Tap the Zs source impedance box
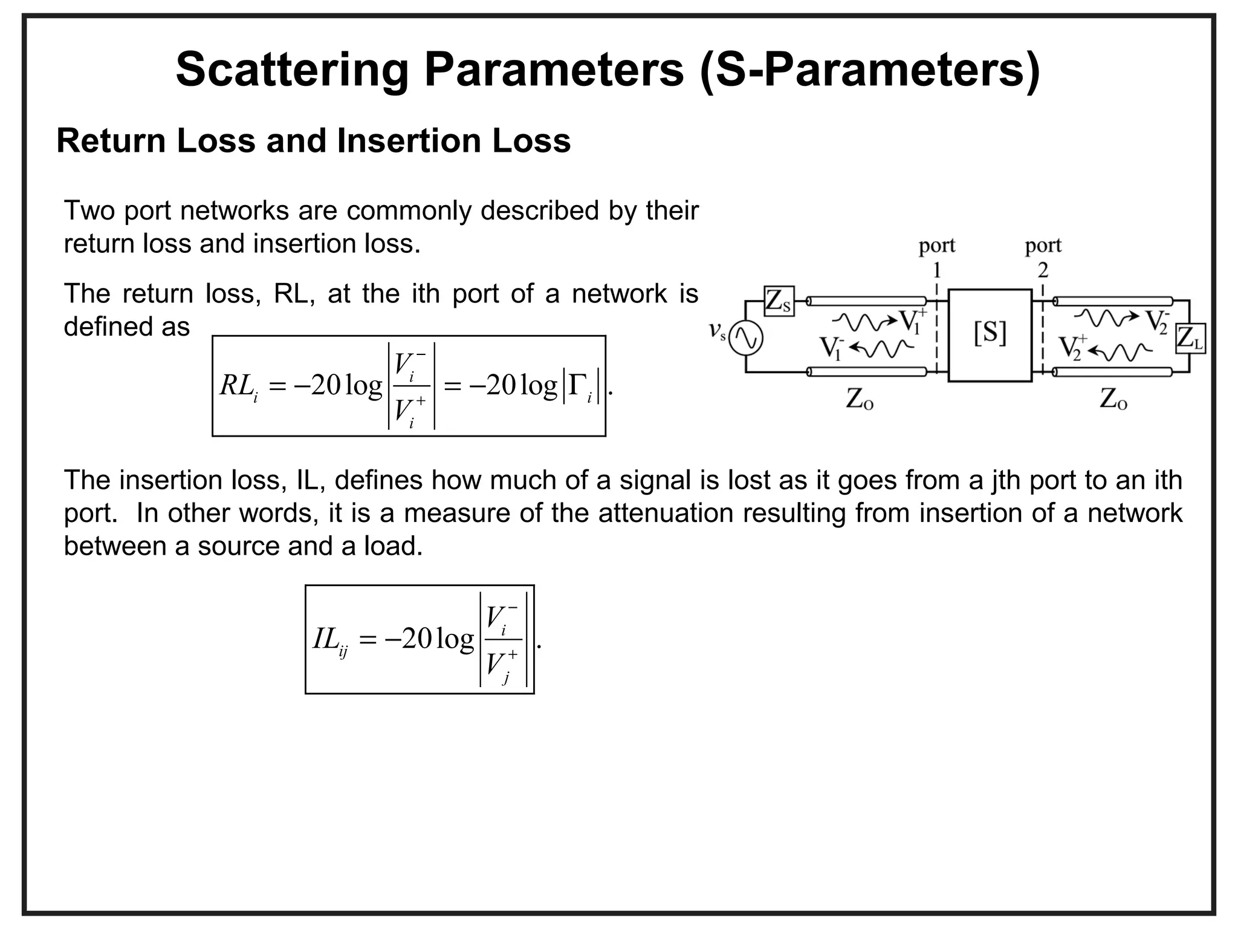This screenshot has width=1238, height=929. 779,301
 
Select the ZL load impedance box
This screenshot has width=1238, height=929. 1190,339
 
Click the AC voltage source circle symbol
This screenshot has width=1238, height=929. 745,338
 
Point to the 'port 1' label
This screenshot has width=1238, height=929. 936,256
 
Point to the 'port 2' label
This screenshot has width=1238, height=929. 1043,256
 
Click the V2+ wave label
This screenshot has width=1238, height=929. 1072,348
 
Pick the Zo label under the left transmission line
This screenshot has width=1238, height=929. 859,399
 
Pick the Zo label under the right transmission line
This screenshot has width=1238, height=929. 1113,399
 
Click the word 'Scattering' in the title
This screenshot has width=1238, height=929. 293,70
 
